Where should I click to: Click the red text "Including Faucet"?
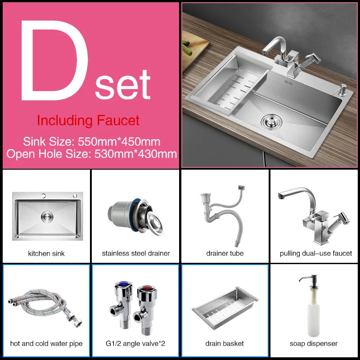(88, 121)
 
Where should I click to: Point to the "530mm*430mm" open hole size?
(135, 153)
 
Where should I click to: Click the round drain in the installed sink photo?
(270, 121)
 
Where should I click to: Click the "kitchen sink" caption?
(46, 253)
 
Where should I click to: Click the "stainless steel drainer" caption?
(136, 253)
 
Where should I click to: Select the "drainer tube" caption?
(225, 253)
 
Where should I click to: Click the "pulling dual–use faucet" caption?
(315, 253)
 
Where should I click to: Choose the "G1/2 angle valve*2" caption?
(136, 343)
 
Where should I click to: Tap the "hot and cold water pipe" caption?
(46, 343)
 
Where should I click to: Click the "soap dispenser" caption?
(314, 343)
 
